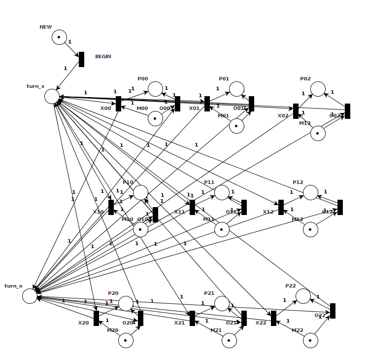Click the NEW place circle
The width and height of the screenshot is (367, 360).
[59, 37]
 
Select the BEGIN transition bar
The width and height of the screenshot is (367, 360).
[81, 59]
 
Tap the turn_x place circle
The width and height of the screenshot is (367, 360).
[52, 96]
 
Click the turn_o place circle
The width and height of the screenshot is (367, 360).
[30, 296]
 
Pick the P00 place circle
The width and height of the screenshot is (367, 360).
[155, 89]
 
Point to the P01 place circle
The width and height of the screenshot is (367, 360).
[236, 89]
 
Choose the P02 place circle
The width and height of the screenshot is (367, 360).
[318, 89]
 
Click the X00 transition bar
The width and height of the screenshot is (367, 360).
[118, 104]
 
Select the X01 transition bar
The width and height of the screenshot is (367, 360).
[207, 104]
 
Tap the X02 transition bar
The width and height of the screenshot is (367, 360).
[296, 111]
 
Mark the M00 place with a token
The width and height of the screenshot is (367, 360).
[155, 118]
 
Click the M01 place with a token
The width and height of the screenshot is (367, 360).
[236, 126]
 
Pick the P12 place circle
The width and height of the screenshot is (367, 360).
[310, 192]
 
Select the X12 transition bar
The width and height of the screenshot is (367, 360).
[281, 207]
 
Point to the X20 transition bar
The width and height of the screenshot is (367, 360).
[96, 318]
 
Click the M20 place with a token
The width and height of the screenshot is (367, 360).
[126, 340]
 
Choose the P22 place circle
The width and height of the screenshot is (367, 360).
[303, 296]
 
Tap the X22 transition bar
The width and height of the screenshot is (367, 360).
[273, 318]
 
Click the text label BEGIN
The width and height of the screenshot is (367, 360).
[103, 57]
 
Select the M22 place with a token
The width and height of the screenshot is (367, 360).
[310, 340]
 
